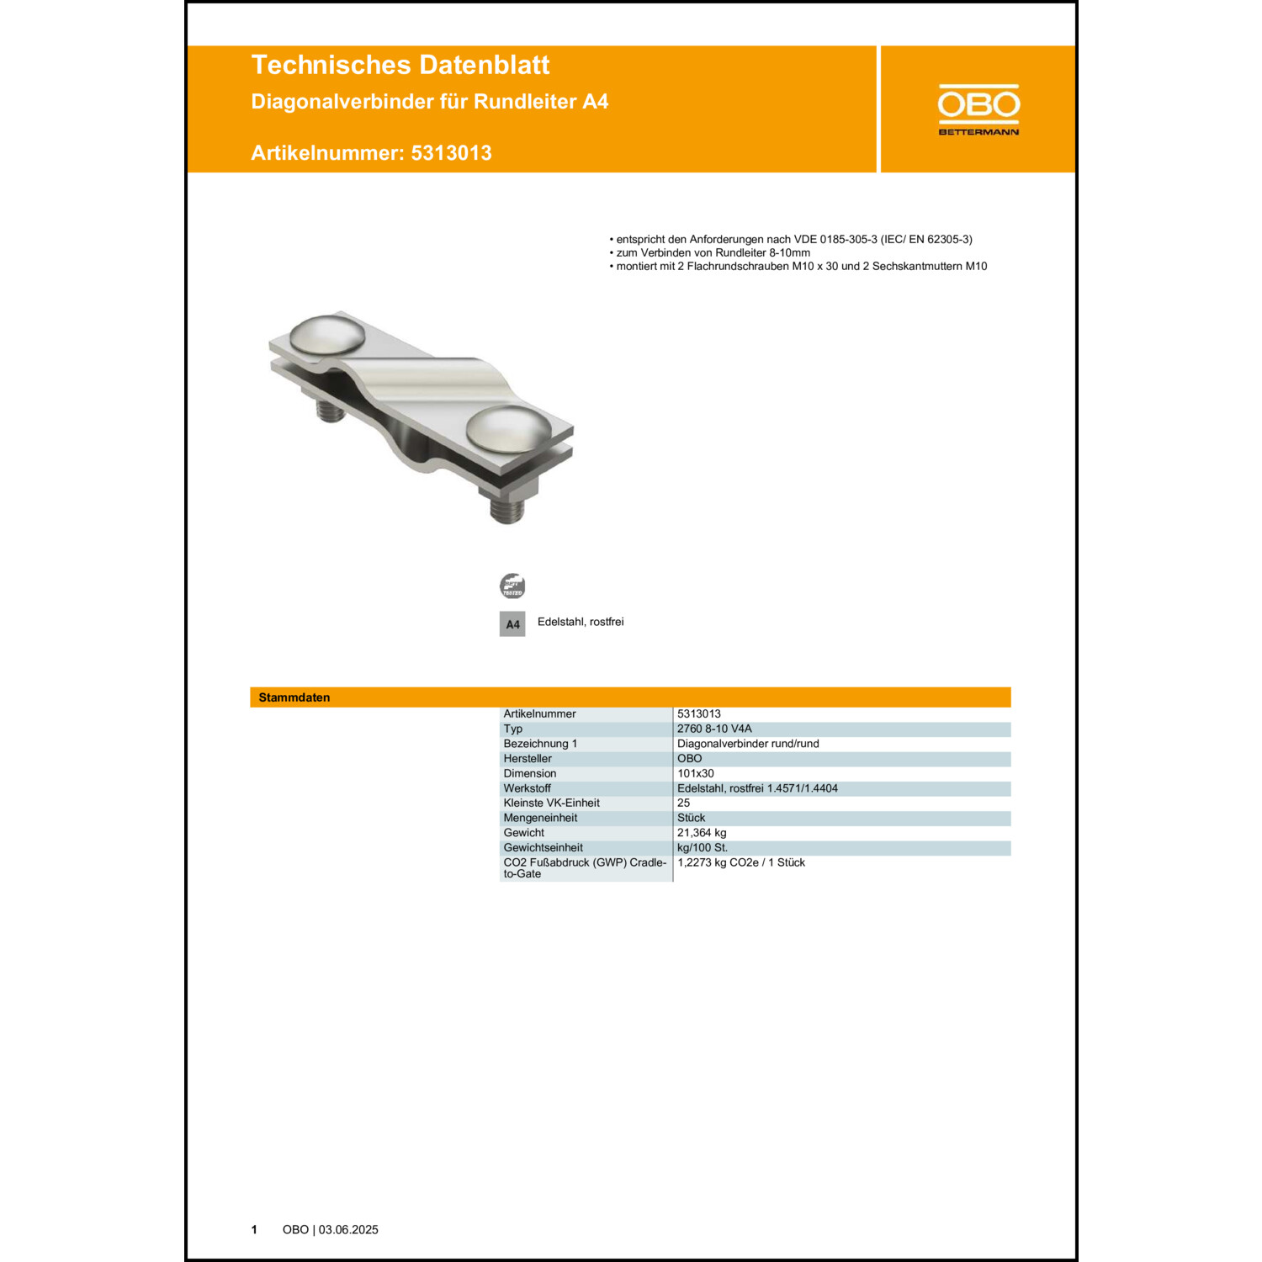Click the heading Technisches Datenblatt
click(x=400, y=65)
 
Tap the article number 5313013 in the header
click(x=451, y=153)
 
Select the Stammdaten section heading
click(x=294, y=697)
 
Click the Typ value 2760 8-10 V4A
click(x=714, y=729)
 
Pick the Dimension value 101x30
click(x=696, y=773)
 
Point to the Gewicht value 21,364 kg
click(x=702, y=833)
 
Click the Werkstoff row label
click(x=528, y=788)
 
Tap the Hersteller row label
click(x=528, y=759)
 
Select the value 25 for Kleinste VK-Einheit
click(x=684, y=803)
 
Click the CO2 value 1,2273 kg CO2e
click(x=740, y=862)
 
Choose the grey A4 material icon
click(x=512, y=624)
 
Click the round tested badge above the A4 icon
click(x=512, y=586)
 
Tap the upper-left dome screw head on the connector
click(x=327, y=334)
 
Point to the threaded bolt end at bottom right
click(x=507, y=510)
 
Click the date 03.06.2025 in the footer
click(x=348, y=1230)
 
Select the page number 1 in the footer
click(x=254, y=1230)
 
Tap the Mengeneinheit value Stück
click(x=692, y=818)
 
